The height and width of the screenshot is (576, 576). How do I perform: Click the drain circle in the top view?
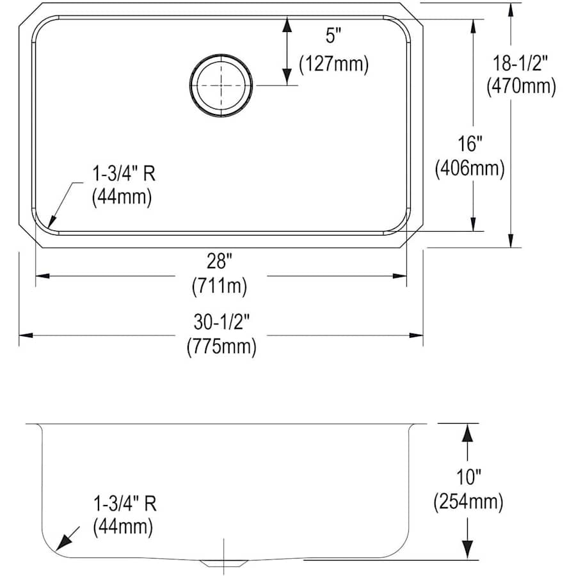click(x=191, y=85)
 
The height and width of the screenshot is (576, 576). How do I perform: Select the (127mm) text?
click(x=333, y=64)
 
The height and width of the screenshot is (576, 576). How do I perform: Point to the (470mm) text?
click(x=521, y=86)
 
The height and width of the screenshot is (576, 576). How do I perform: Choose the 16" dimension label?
click(x=470, y=143)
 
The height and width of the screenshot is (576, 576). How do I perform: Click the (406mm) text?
click(x=470, y=168)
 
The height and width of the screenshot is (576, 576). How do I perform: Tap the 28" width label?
click(x=220, y=262)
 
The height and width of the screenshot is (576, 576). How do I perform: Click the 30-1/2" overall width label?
click(x=221, y=322)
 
